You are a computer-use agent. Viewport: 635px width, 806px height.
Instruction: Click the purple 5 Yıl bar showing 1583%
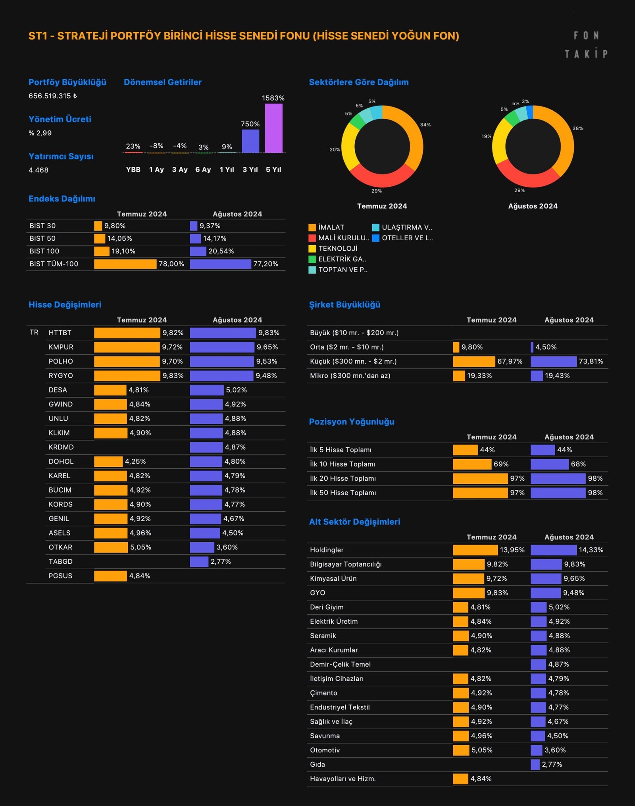(273, 128)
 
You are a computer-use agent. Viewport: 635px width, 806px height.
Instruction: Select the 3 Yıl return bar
(250, 141)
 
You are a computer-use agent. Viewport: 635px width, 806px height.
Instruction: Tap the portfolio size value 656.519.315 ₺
(53, 96)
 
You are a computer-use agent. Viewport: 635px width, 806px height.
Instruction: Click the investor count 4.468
(38, 170)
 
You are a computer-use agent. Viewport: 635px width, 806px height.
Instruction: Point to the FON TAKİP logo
(586, 44)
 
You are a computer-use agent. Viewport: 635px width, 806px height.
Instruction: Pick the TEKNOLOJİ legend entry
(337, 249)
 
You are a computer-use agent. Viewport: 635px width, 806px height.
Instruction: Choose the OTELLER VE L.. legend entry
(407, 238)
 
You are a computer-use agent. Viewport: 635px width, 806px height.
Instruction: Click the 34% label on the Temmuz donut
(425, 125)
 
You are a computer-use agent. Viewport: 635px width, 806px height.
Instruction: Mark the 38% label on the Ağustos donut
(577, 128)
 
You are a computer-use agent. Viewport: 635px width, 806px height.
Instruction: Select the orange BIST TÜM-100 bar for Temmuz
(125, 264)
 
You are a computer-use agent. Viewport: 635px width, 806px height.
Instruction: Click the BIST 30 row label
(42, 226)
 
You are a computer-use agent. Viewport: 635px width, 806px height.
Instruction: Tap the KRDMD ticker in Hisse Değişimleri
(61, 447)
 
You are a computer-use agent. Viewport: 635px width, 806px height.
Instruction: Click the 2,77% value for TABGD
(221, 562)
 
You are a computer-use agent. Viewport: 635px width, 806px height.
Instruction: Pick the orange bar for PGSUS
(110, 576)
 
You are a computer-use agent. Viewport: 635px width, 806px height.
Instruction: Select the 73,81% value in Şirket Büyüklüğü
(591, 361)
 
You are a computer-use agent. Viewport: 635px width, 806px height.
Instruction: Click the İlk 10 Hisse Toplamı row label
(343, 464)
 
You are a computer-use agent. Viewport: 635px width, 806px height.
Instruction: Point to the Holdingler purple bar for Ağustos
(553, 550)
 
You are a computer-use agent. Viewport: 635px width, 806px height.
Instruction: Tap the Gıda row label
(317, 765)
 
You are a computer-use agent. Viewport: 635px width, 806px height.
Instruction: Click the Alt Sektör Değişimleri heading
(354, 522)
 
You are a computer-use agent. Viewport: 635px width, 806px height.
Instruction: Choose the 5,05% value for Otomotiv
(482, 750)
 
